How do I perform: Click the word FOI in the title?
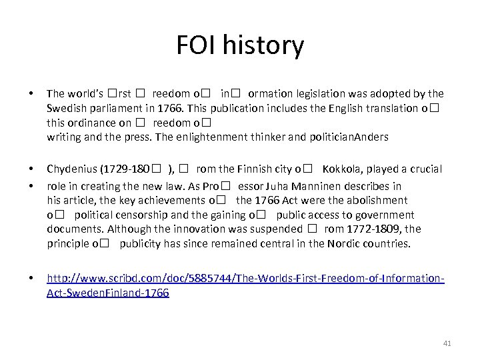[197, 45]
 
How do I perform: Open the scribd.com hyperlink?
[244, 278]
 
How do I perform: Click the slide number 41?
[447, 343]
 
